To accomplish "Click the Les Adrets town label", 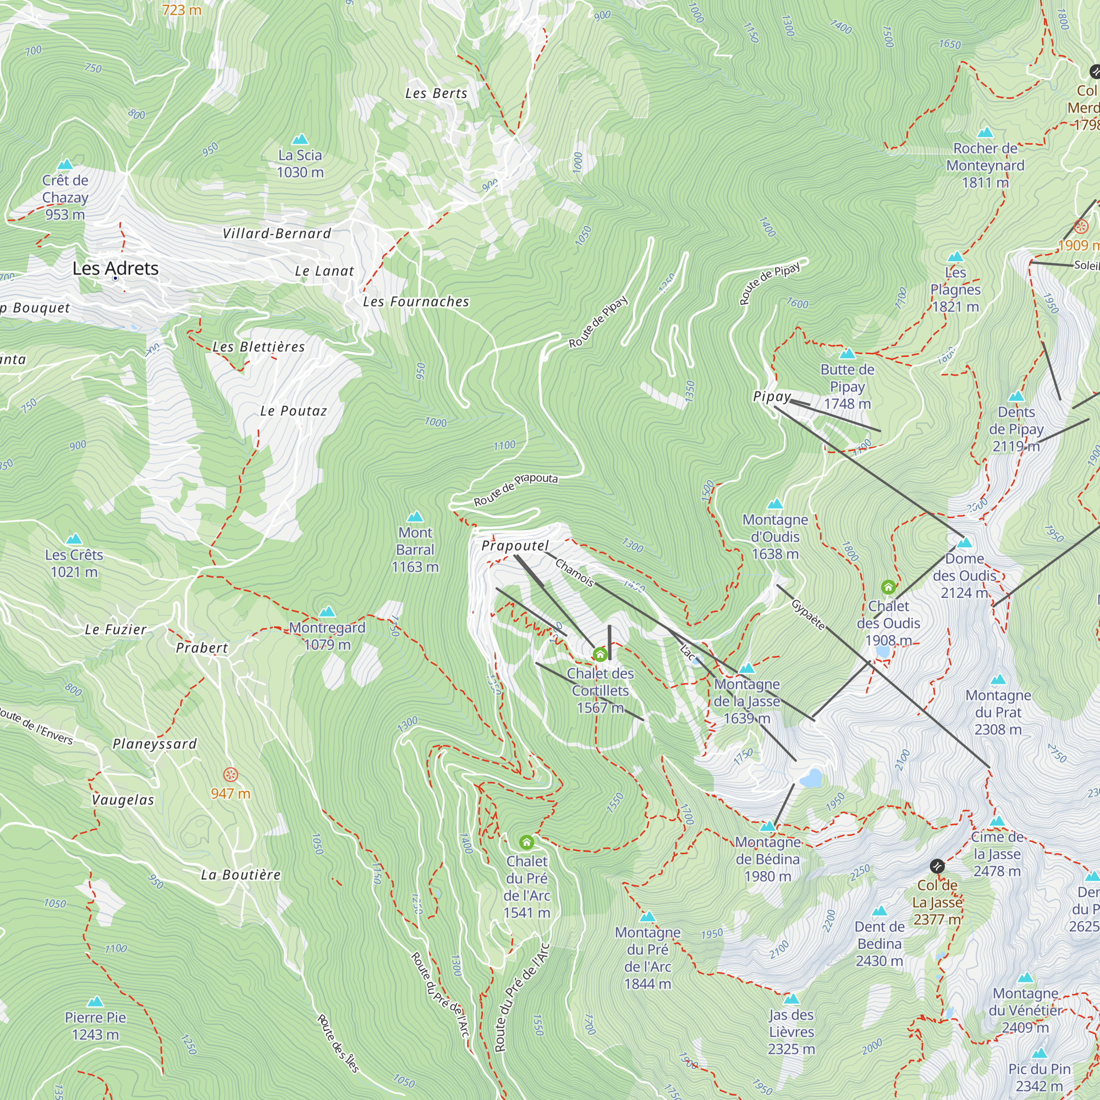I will tap(116, 268).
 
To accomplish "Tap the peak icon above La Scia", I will tap(300, 139).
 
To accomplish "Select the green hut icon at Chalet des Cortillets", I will tap(599, 654).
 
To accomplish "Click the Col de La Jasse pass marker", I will tap(937, 867).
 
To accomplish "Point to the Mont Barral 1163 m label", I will tap(415, 549).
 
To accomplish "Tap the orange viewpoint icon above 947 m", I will tap(230, 775).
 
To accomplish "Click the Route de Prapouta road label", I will tap(515, 490).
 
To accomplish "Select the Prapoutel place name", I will tap(515, 546).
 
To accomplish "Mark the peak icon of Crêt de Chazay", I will tap(65, 164).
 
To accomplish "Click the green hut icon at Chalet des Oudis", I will tap(888, 587).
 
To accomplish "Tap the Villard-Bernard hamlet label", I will tap(276, 233).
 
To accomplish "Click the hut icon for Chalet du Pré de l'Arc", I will tap(526, 842).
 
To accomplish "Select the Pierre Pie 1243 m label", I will tap(95, 1025).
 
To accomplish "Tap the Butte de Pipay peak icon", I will tap(847, 354).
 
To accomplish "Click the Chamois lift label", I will tap(575, 572).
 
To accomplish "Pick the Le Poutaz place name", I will tap(293, 411).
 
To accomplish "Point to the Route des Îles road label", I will tap(338, 1043).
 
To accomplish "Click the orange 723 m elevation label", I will tap(181, 10).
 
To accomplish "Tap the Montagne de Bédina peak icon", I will tap(767, 826).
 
